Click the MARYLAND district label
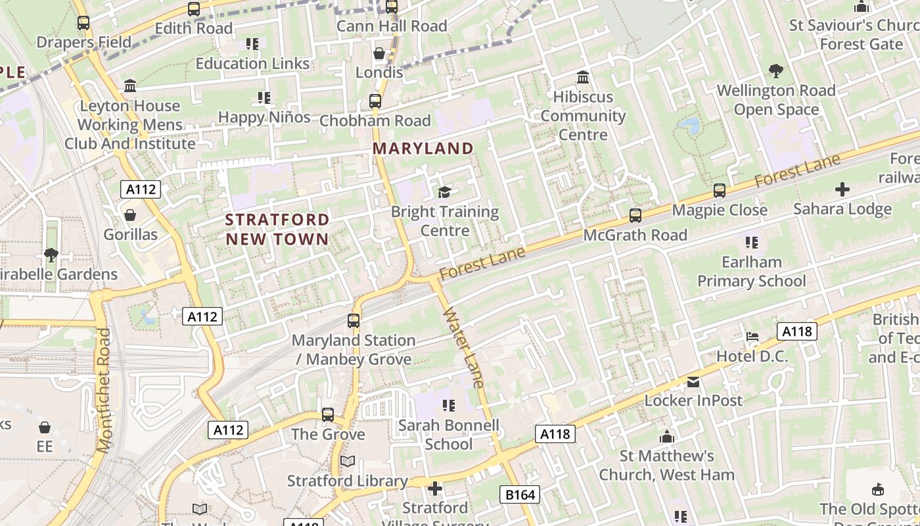(x=423, y=149)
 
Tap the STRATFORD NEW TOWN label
(x=277, y=229)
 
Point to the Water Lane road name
(x=464, y=347)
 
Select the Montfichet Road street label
(x=104, y=391)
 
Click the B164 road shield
(x=519, y=494)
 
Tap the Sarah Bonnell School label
(x=449, y=435)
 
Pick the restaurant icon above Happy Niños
(x=264, y=99)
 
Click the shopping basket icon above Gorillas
(x=130, y=215)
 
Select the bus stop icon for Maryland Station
(x=354, y=321)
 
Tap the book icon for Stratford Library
(x=348, y=462)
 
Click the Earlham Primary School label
(x=751, y=272)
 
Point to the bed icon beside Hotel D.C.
(x=752, y=337)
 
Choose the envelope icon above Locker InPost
(x=693, y=382)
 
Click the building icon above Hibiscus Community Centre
(x=582, y=78)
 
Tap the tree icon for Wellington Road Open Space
(x=776, y=70)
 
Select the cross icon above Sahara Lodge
(x=842, y=190)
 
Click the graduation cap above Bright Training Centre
(x=445, y=192)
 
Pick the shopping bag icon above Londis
(x=379, y=53)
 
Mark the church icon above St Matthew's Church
(x=667, y=437)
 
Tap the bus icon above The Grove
(x=328, y=415)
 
